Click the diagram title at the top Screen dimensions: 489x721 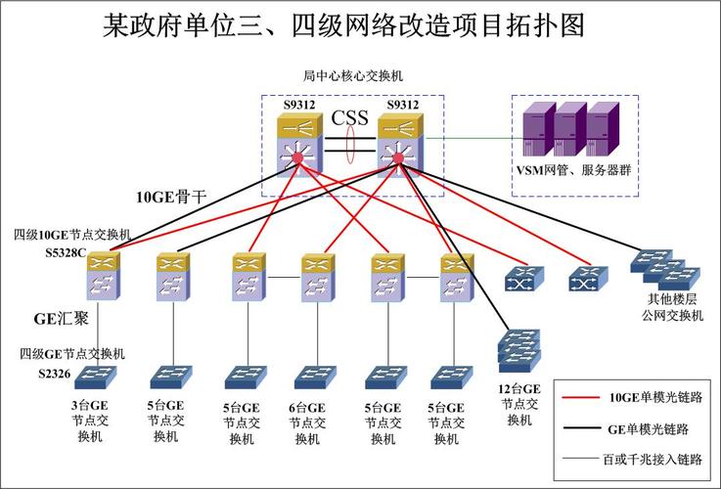343,25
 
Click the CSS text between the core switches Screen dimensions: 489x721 349,119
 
